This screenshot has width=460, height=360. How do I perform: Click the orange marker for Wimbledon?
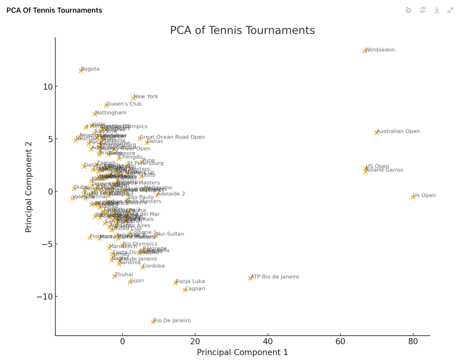(x=365, y=51)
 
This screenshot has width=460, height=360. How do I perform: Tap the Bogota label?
(x=90, y=69)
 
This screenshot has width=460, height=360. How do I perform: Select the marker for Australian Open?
(x=376, y=132)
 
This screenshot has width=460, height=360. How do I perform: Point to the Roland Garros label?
(x=384, y=170)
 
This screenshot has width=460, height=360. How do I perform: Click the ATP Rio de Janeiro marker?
(x=251, y=278)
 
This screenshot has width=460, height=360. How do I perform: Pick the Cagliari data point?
(x=185, y=290)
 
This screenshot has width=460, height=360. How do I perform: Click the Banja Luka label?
(x=190, y=281)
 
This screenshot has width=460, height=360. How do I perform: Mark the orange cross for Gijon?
(x=130, y=282)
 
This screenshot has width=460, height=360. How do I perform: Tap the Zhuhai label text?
(x=124, y=275)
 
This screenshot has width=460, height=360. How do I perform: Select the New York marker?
(x=133, y=98)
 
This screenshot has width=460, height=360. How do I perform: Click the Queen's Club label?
(x=124, y=104)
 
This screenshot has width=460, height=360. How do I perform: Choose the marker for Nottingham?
(x=95, y=114)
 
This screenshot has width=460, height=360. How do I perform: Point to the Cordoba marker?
(x=142, y=267)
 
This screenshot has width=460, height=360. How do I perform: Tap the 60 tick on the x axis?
(x=341, y=342)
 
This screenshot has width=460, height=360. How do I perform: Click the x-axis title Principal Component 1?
(x=242, y=353)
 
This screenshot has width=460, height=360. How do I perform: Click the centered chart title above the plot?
(x=242, y=31)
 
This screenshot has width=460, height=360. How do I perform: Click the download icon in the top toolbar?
(x=437, y=10)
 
